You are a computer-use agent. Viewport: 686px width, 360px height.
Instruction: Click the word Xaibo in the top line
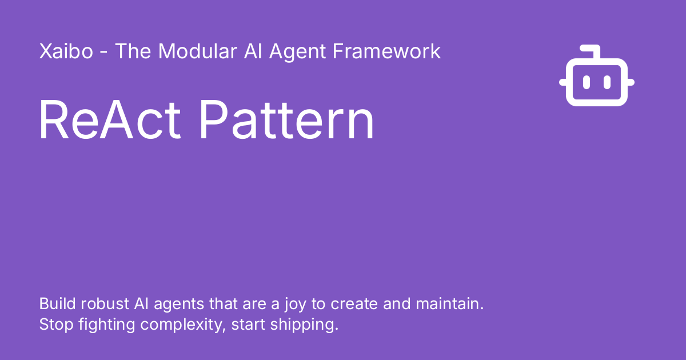point(66,51)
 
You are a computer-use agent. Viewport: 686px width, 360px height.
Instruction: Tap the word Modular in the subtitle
point(198,51)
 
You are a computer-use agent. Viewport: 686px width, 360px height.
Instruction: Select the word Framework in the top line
point(386,51)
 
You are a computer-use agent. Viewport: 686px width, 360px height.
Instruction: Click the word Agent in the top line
point(297,53)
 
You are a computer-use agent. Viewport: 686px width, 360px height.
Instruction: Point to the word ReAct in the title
point(110,119)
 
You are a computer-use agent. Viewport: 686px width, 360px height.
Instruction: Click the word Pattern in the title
point(286,119)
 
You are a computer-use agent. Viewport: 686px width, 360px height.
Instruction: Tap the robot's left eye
point(586,82)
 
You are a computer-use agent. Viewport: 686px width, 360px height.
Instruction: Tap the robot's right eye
point(607,82)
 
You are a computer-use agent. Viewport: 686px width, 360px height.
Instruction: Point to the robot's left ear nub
point(563,82)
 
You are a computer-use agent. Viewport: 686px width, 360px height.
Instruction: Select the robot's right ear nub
point(631,82)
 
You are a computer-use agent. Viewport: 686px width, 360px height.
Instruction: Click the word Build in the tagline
point(57,303)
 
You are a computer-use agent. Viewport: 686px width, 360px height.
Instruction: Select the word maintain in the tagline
point(449,303)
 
